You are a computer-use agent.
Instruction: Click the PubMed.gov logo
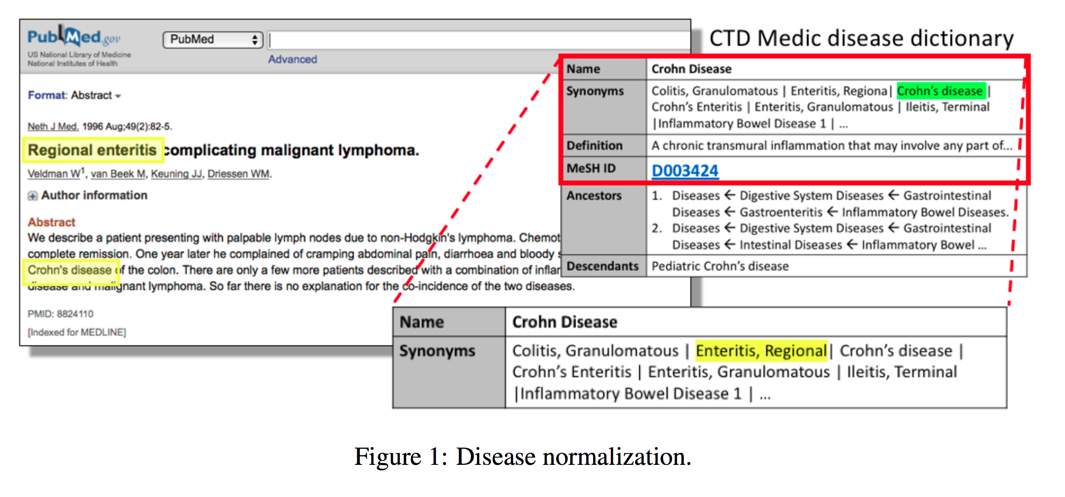74,37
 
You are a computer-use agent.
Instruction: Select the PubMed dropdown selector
212,40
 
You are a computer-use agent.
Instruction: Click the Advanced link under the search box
292,59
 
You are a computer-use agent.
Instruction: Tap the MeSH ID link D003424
685,171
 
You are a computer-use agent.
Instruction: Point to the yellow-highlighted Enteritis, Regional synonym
761,351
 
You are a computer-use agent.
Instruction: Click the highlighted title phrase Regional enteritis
92,150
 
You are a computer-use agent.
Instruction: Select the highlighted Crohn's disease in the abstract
70,270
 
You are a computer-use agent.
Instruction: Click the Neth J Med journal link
53,126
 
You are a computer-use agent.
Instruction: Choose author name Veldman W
54,174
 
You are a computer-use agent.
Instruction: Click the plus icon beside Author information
32,196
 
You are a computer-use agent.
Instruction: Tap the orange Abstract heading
51,222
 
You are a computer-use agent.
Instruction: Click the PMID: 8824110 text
60,314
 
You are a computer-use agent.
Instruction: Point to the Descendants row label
602,266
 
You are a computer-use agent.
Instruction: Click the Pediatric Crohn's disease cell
720,266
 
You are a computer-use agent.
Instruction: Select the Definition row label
594,146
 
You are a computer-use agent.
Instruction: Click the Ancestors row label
594,196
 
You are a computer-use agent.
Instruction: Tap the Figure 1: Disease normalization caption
522,457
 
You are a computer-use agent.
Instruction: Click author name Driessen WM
239,174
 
